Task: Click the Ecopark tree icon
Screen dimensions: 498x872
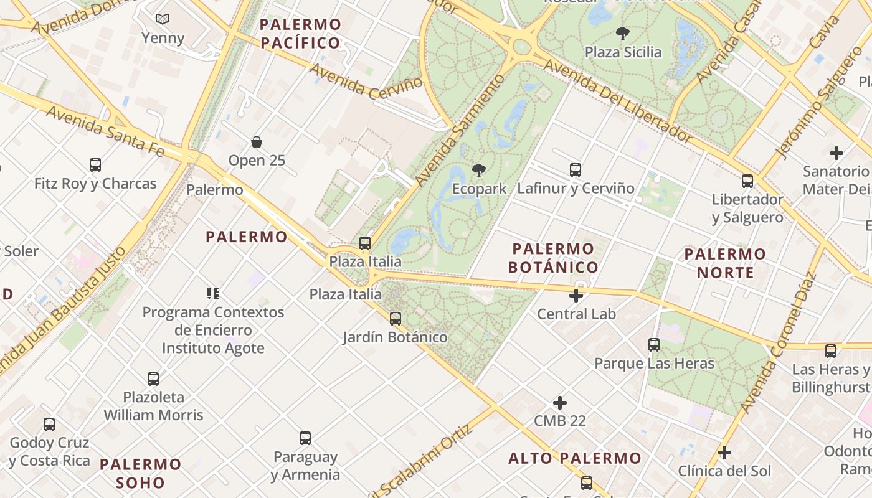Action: (x=478, y=170)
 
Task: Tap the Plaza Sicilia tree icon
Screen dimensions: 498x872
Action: (x=622, y=33)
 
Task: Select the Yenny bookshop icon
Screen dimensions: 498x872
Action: (x=163, y=19)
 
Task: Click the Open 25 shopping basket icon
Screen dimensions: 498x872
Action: (x=257, y=142)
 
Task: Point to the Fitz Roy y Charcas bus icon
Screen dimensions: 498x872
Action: (x=95, y=165)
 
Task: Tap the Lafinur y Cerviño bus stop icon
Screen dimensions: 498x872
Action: (x=576, y=169)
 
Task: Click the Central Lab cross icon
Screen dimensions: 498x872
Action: (x=576, y=296)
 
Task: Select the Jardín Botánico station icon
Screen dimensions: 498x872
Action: (x=395, y=319)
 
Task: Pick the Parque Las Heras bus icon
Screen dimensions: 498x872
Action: (x=653, y=344)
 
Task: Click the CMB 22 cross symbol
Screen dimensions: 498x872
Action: (x=560, y=403)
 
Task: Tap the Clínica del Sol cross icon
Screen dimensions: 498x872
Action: (x=724, y=452)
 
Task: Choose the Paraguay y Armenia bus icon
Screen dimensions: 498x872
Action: (x=305, y=438)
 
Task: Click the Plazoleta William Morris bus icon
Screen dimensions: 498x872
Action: (x=153, y=378)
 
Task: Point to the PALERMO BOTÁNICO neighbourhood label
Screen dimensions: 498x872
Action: (x=553, y=258)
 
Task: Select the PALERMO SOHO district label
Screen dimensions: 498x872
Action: (x=140, y=473)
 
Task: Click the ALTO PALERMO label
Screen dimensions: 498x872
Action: (x=575, y=458)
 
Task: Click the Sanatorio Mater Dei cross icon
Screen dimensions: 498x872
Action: (x=836, y=153)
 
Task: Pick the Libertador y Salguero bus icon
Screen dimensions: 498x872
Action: (x=747, y=181)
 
